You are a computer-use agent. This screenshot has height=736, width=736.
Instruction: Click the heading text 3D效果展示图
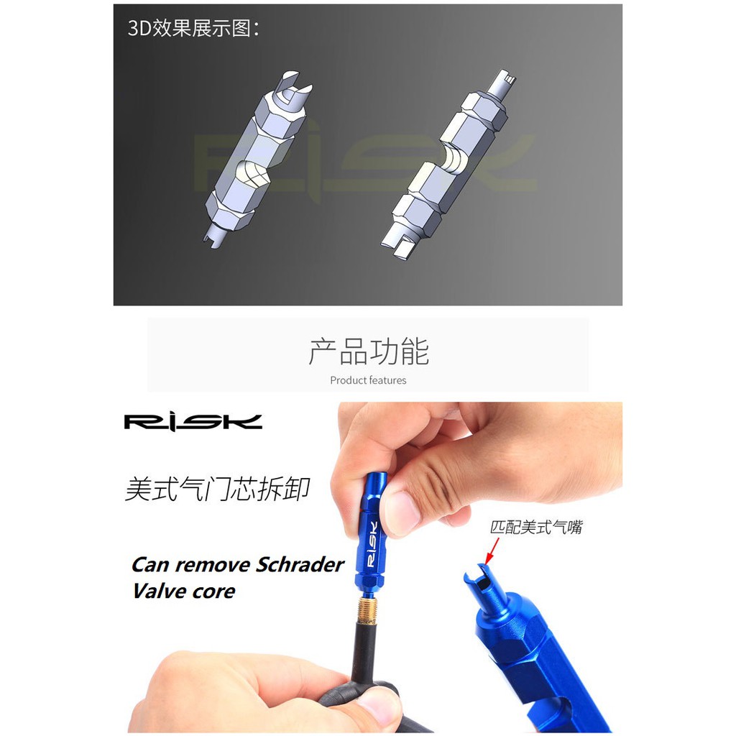click(193, 29)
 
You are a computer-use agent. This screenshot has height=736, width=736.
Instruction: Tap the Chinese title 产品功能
click(369, 351)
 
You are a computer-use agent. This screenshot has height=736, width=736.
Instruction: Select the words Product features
click(368, 380)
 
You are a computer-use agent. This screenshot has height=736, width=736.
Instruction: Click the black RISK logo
click(193, 421)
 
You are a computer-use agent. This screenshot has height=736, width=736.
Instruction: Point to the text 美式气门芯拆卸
click(218, 489)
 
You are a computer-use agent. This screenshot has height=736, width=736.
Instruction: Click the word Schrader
click(300, 565)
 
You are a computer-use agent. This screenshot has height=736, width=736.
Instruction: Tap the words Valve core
click(184, 591)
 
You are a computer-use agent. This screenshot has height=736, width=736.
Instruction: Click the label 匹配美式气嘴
click(536, 527)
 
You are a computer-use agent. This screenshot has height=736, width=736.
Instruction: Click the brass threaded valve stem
click(369, 609)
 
